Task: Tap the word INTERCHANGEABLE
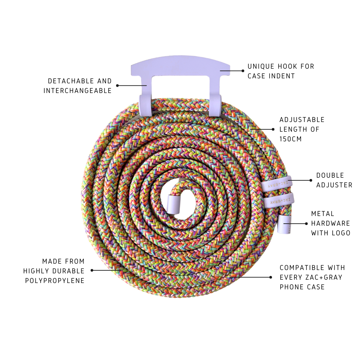pyautogui.click(x=78, y=91)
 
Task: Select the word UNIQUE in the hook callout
pyautogui.click(x=261, y=66)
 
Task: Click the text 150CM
pyautogui.click(x=290, y=139)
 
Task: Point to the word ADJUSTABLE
pyautogui.click(x=302, y=120)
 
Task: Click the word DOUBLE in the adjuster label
pyautogui.click(x=330, y=175)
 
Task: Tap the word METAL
pyautogui.click(x=323, y=214)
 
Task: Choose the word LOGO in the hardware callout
pyautogui.click(x=340, y=233)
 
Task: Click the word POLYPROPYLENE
pyautogui.click(x=55, y=281)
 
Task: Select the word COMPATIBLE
pyautogui.click(x=302, y=268)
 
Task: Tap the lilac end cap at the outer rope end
pyautogui.click(x=285, y=224)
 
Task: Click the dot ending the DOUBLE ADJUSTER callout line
pyautogui.click(x=311, y=180)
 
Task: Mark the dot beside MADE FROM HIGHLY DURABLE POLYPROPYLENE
pyautogui.click(x=92, y=270)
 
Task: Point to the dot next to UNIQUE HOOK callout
pyautogui.click(x=243, y=71)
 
